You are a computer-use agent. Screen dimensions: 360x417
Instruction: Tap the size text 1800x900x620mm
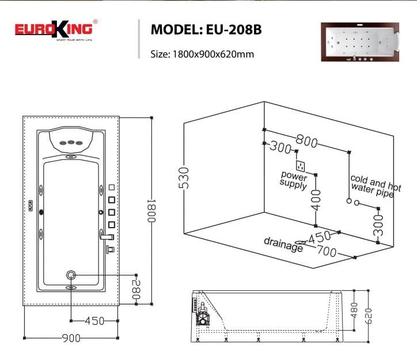click(x=202, y=54)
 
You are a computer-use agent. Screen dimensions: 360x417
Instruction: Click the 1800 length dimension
click(x=152, y=211)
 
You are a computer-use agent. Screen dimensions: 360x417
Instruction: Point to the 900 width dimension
click(x=71, y=338)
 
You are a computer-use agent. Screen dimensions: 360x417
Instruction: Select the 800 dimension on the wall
click(x=307, y=139)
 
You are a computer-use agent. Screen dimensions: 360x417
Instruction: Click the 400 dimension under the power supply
click(x=316, y=199)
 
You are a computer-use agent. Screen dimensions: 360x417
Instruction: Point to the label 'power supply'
click(x=294, y=179)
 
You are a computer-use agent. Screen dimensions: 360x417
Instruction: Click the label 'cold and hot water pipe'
click(x=375, y=187)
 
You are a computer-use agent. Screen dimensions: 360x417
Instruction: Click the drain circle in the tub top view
click(x=71, y=275)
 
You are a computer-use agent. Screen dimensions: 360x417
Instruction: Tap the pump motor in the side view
click(x=203, y=316)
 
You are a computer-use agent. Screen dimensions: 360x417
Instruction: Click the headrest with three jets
click(x=71, y=141)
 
